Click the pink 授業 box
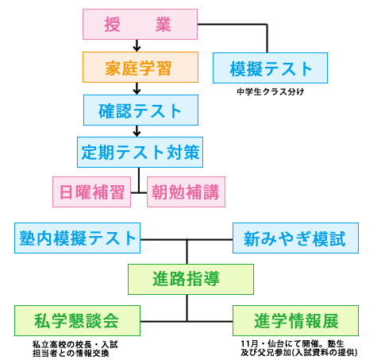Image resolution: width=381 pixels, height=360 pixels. pos(140,24)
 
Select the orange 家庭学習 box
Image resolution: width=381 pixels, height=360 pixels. pos(140,67)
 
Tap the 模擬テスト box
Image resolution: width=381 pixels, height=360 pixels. pos(270,68)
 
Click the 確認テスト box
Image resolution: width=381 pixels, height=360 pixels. pos(140,110)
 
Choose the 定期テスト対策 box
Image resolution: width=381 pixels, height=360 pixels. pos(140,152)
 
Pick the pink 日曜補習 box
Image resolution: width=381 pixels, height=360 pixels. pos(91,192)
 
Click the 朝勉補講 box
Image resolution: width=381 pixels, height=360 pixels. pos(186,192)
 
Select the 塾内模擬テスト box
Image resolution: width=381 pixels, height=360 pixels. pos(77,238)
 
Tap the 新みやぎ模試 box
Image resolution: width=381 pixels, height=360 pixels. pos(295,238)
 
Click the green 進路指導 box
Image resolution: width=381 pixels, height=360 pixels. pos(190,279)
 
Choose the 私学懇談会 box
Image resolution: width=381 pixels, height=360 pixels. pos(77,320)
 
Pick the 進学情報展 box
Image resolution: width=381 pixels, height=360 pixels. pos(295,320)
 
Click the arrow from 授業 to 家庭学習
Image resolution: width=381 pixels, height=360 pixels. pos(137,45)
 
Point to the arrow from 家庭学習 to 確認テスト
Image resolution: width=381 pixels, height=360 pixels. pos(137,88)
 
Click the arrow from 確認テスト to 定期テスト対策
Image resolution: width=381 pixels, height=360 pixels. pos(137,131)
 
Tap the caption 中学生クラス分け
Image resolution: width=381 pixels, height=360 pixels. pos(271,91)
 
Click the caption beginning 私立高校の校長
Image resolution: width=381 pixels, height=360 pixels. pos(75,349)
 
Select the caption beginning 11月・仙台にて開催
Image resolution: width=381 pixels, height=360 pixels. pos(299,348)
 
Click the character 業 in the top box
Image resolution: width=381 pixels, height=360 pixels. pos(163,25)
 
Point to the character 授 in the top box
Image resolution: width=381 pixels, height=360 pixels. pos(112,25)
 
